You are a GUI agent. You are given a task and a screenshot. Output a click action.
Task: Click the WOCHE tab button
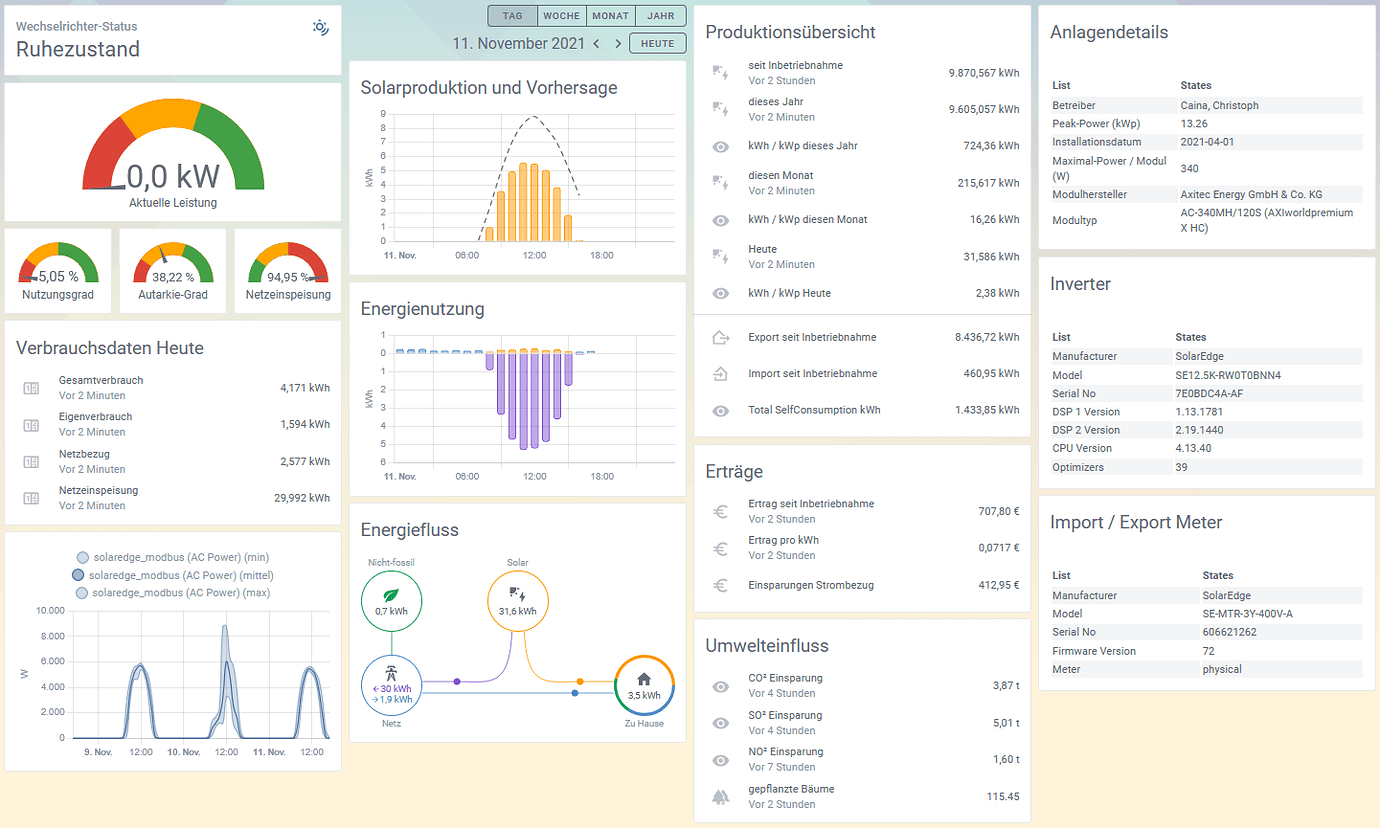coord(561,16)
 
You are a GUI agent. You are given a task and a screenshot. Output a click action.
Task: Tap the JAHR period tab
coord(660,16)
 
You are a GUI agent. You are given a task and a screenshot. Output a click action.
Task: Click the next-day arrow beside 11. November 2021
coord(618,44)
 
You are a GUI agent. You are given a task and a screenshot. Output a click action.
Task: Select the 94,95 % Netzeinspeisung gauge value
coord(288,277)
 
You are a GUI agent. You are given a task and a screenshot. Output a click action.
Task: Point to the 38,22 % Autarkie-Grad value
coord(173,277)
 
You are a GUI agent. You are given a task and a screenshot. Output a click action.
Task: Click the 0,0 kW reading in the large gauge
coord(173,177)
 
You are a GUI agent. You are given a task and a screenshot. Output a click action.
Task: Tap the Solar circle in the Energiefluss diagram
coord(518,601)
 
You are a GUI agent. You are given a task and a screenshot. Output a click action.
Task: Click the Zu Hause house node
coord(644,686)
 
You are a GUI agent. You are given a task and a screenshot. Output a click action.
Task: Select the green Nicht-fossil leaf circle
coord(391,601)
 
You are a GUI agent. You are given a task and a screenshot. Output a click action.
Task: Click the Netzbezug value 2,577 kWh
coord(305,461)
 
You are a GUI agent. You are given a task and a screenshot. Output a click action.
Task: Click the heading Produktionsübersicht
coord(790,32)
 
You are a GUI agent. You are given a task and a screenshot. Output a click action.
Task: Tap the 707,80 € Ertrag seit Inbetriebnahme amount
coord(999,511)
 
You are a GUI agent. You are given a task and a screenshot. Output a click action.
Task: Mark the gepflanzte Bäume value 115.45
coord(1003,797)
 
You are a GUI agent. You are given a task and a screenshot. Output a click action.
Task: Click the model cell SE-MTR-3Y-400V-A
coord(1248,614)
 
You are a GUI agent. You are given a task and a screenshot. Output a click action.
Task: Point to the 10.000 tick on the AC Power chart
coord(50,611)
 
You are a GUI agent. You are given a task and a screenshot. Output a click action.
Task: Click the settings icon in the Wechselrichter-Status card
coord(320,27)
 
